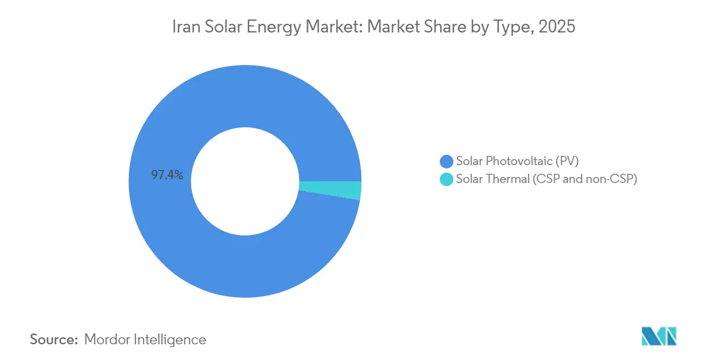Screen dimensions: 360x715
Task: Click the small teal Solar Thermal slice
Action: pyautogui.click(x=330, y=190)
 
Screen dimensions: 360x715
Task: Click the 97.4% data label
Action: pyautogui.click(x=167, y=175)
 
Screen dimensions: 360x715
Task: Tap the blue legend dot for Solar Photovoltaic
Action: pyautogui.click(x=446, y=161)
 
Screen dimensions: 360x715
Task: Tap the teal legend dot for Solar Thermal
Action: pyautogui.click(x=446, y=179)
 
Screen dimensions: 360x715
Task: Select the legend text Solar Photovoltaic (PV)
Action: pyautogui.click(x=518, y=161)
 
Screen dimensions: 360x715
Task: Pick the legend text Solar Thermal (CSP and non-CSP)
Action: pyautogui.click(x=547, y=179)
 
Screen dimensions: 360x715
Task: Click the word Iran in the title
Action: pyautogui.click(x=185, y=27)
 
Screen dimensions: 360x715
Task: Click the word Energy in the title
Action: pyautogui.click(x=270, y=27)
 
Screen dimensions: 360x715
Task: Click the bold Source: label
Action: pyautogui.click(x=54, y=339)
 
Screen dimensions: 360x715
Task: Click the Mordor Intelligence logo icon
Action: pyautogui.click(x=659, y=336)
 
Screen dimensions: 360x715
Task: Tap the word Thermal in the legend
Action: pyautogui.click(x=507, y=179)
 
